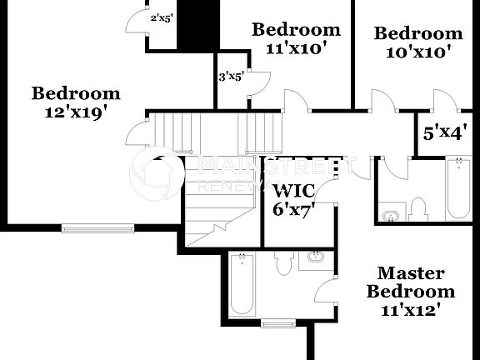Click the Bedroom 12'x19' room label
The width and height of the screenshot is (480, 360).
click(x=76, y=102)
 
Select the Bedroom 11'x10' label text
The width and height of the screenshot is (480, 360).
click(x=296, y=38)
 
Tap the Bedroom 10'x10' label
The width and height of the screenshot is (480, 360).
click(x=417, y=42)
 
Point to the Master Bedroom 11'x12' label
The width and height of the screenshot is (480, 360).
click(x=411, y=292)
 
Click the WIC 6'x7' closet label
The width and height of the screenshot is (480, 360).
click(x=293, y=200)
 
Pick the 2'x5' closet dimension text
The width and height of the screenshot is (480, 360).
click(x=161, y=17)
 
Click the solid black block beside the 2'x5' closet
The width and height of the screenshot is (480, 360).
click(x=198, y=25)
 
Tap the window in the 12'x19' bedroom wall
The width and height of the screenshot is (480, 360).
click(x=97, y=227)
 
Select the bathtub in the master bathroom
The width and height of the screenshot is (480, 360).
click(x=242, y=285)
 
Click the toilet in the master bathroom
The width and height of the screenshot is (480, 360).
click(x=282, y=262)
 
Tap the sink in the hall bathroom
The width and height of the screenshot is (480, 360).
click(x=390, y=217)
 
